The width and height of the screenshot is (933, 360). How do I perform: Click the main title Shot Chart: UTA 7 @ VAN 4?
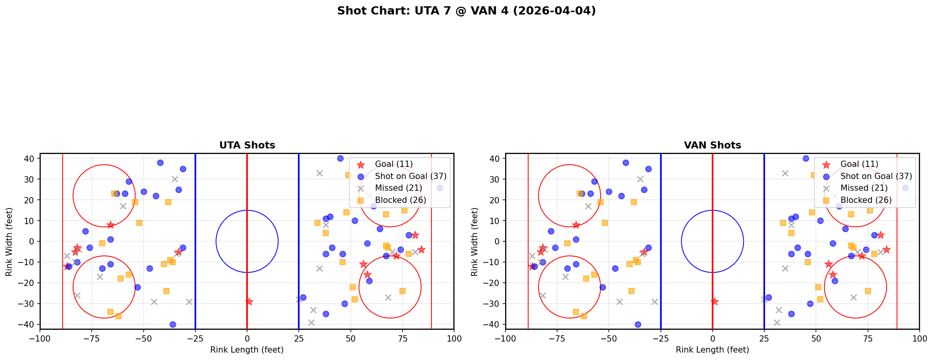pos(466,11)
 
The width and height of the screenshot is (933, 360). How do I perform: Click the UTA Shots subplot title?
pos(247,145)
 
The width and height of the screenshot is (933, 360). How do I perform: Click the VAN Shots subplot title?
pos(712,145)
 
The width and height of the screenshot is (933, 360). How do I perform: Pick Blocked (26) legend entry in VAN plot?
pos(866,200)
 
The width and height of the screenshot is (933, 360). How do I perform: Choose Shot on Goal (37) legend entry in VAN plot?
pos(876,176)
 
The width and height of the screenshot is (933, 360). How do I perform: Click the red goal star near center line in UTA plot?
pos(249,302)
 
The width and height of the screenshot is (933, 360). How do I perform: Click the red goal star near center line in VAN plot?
pos(715,302)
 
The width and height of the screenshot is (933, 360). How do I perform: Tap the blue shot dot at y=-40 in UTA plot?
pos(173,324)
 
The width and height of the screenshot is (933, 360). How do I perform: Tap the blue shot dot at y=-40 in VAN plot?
pos(638,324)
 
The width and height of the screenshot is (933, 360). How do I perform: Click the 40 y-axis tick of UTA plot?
pos(30,159)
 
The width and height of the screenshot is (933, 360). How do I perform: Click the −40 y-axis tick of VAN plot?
pos(494,324)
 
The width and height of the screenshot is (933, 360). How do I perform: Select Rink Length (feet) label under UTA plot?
pos(247,350)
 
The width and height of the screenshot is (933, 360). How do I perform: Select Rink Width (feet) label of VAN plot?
pos(474,242)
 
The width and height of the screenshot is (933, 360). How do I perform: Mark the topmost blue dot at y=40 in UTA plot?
pos(340,159)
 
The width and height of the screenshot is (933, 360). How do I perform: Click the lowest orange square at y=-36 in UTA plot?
pos(119,316)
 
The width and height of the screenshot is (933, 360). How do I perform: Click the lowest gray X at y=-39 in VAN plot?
pos(777,322)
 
